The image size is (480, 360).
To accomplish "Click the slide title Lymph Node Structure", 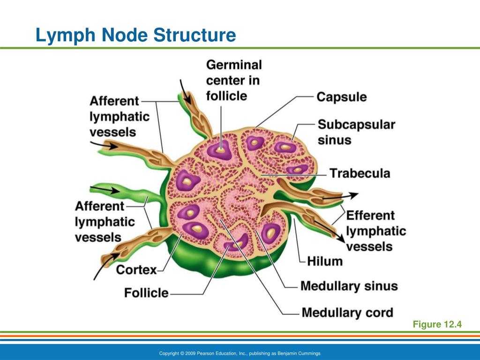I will coord(136,36).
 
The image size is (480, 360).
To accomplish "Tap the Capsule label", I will coord(342,97).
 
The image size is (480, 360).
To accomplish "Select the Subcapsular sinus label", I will coord(356,132).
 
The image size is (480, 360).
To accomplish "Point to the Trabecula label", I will coord(360,173).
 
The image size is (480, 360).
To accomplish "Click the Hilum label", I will coord(325,261).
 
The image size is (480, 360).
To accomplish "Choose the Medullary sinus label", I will coord(349,286).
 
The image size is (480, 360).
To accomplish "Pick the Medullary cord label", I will coord(347,312).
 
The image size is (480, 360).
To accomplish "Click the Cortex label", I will coord(136,270).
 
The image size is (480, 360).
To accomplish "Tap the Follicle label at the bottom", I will coord(146,293).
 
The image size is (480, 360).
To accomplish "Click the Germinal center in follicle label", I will coord(233,80).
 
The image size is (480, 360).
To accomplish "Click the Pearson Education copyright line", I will coord(240,353).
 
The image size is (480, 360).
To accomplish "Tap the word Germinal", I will coord(234,64).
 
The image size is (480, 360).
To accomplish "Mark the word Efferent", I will coord(370,216).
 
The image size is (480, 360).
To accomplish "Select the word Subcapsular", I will coord(356,125).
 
